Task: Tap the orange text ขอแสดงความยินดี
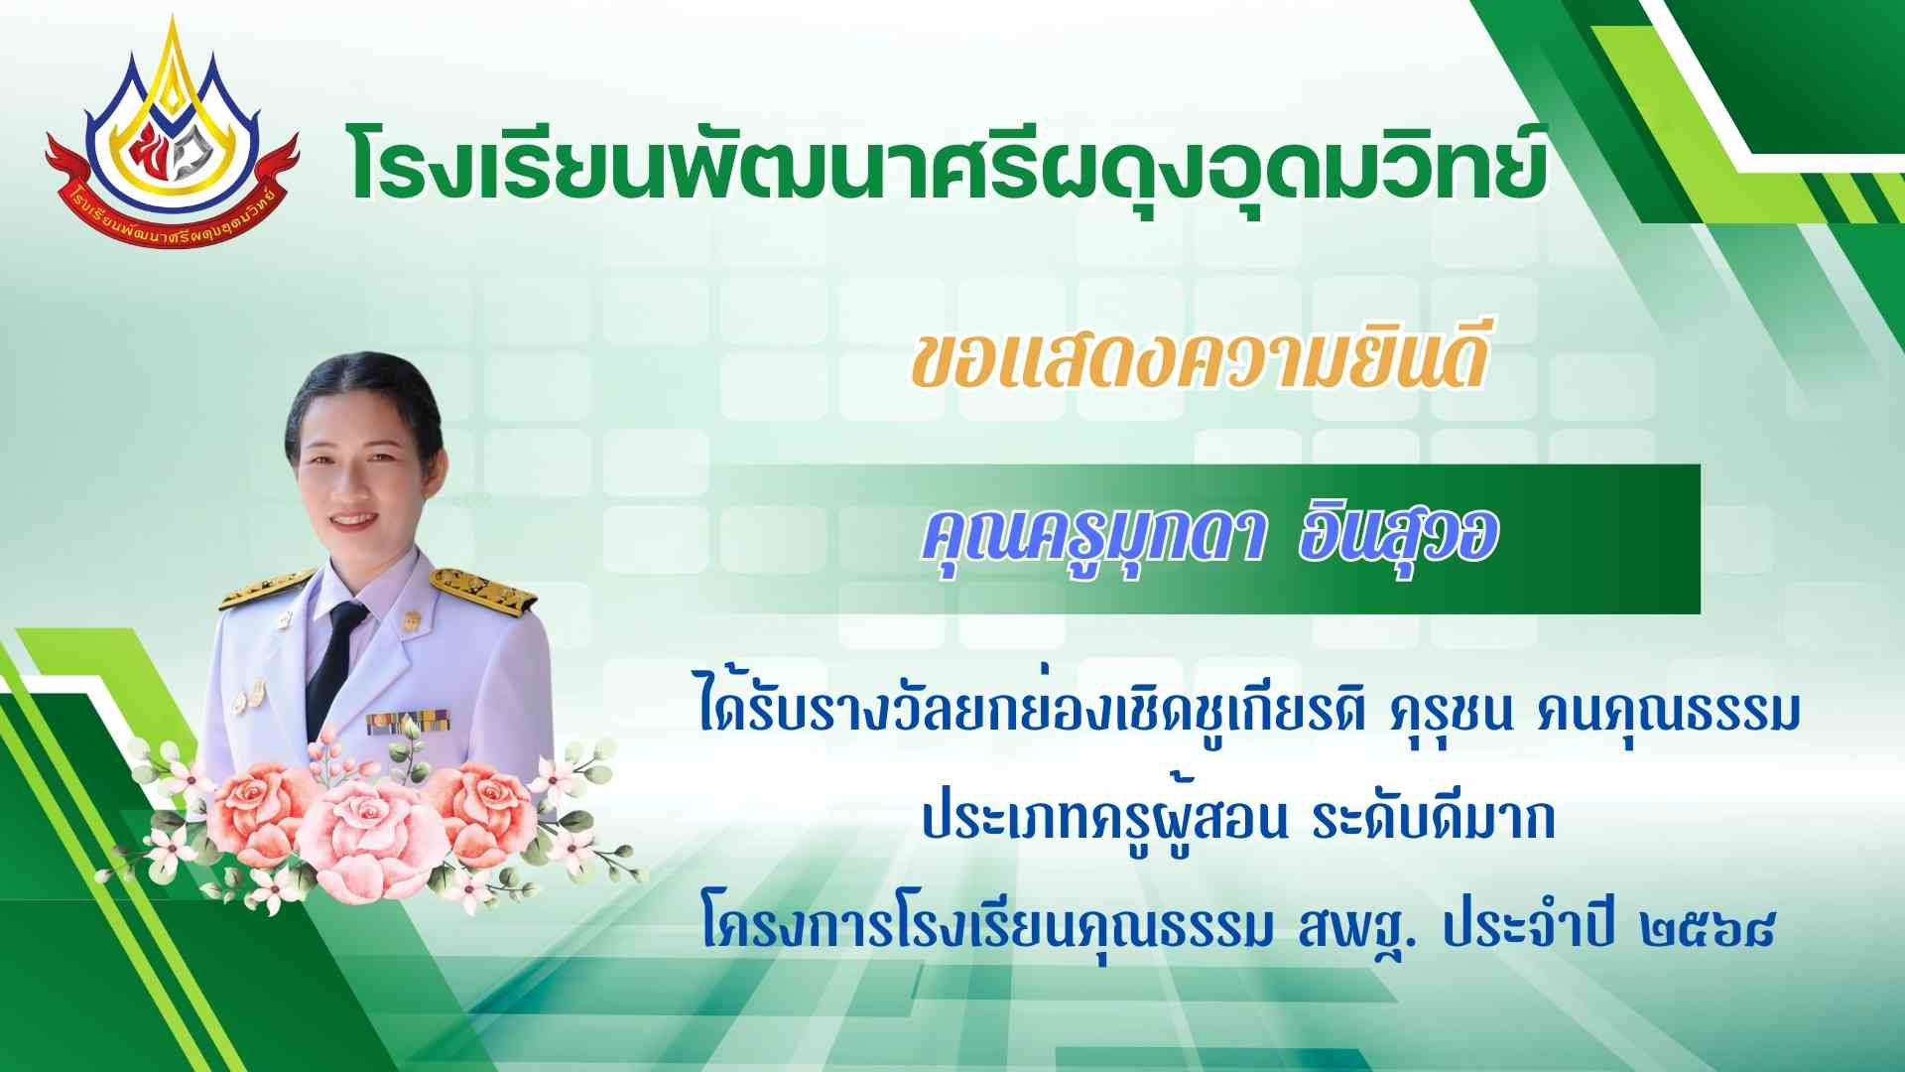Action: tap(1200, 362)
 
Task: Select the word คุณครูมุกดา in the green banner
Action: tap(1091, 541)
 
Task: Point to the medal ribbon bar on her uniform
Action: tap(408, 723)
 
